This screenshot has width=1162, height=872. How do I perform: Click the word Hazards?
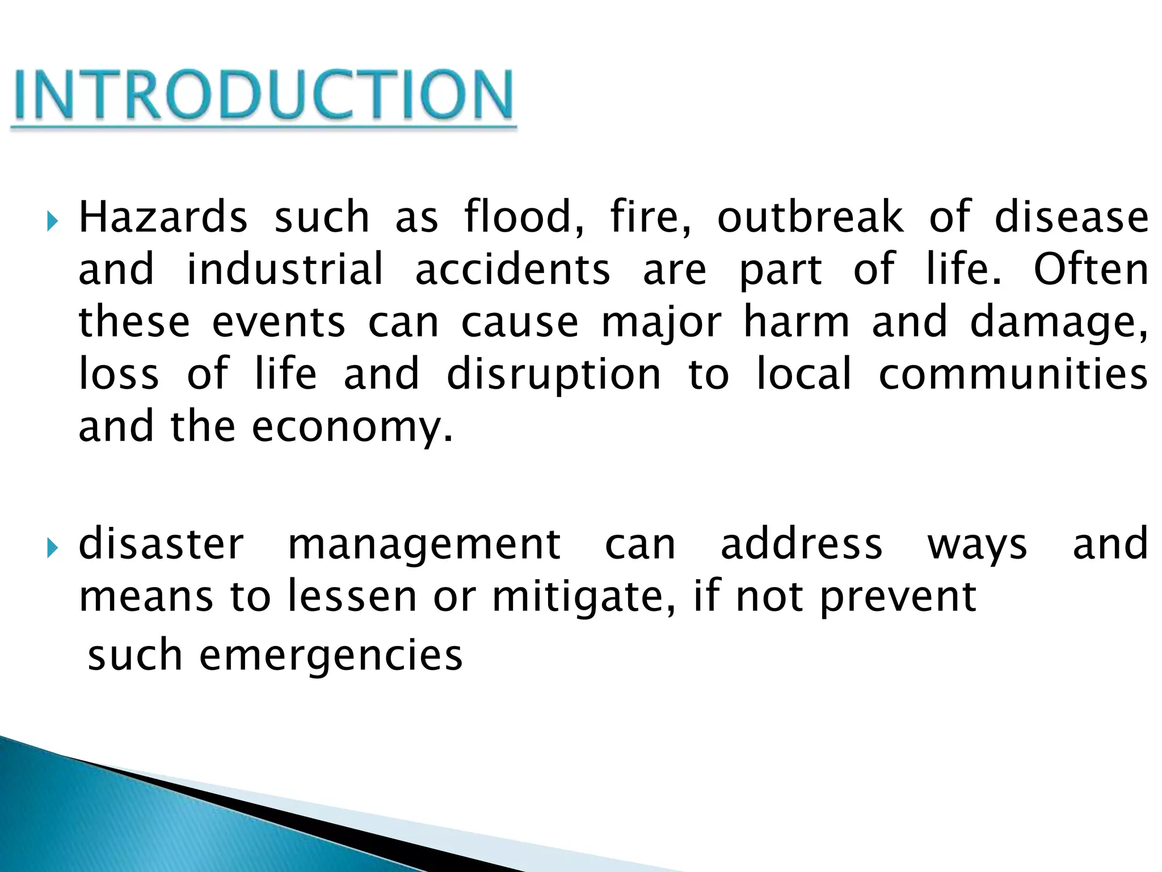coord(163,217)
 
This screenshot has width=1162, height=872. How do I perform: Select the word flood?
coord(523,217)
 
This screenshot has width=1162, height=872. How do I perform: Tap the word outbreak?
coord(810,217)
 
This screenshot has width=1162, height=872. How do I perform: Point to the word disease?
coord(1072,217)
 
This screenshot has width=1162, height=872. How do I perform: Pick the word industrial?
coord(285,269)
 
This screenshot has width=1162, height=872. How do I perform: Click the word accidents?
coord(513,269)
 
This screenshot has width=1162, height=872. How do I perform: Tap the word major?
coord(661,322)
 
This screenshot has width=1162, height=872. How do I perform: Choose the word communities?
coord(1013,375)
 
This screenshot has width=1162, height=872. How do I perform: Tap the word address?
coord(801,544)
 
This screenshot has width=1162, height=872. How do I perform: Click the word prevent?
coord(898,597)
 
